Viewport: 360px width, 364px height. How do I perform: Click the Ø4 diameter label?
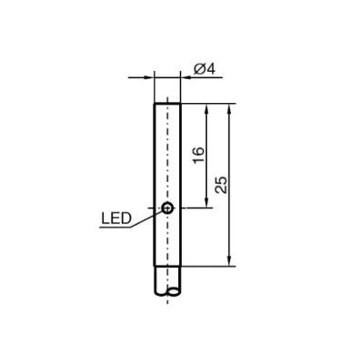click(205, 69)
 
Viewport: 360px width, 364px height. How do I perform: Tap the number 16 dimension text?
click(199, 155)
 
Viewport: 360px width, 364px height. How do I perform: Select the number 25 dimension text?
click(221, 185)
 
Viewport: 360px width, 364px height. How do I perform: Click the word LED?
click(116, 218)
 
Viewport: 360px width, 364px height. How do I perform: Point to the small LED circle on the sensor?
click(167, 207)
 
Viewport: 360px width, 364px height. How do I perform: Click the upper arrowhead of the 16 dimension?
click(207, 109)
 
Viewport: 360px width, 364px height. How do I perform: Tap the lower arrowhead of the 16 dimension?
click(207, 203)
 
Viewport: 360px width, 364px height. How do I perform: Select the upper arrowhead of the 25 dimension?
click(229, 109)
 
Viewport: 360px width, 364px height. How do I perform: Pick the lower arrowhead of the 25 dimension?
click(229, 261)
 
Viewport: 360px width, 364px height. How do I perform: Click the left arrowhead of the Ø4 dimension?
click(149, 77)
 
